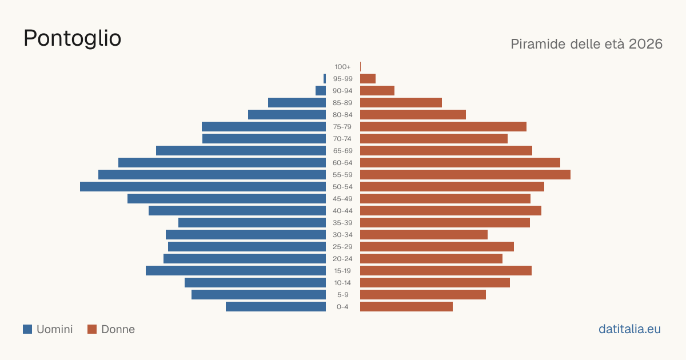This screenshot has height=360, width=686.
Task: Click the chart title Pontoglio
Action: [x=72, y=39]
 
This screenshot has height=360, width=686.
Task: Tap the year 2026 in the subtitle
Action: [x=645, y=44]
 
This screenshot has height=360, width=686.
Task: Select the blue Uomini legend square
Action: [x=27, y=329]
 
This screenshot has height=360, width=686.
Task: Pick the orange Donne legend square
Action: [x=92, y=329]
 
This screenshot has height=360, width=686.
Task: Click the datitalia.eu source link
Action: [x=629, y=329]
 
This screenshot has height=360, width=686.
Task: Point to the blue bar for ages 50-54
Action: [x=203, y=187]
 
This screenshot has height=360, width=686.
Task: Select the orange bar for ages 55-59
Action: [x=465, y=175]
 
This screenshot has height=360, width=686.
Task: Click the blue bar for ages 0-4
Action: [x=276, y=307]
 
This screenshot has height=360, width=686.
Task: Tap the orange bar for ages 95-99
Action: [x=368, y=79]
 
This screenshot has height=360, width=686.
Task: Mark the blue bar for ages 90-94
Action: [x=321, y=91]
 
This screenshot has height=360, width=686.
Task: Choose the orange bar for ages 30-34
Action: [x=424, y=235]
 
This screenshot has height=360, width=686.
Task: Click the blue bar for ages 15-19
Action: [x=236, y=271]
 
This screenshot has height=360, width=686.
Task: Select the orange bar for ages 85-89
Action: [x=401, y=102]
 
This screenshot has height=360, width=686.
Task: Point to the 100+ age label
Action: [x=342, y=67]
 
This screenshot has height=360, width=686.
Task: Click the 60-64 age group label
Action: [x=342, y=163]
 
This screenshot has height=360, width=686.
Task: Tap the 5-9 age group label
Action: [x=342, y=295]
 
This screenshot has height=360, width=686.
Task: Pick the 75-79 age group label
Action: [x=342, y=127]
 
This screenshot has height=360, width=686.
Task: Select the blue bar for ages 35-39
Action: [x=252, y=222]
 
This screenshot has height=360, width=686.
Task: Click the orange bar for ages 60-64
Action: [x=460, y=162]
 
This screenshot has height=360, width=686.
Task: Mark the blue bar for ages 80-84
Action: [x=287, y=114]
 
